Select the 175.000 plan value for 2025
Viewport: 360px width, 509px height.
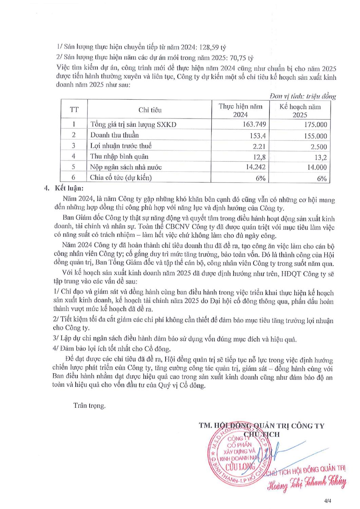315,125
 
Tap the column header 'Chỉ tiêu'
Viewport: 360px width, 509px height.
150,110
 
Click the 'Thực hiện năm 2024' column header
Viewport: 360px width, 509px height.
240,110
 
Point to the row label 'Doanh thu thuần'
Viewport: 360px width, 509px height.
114,135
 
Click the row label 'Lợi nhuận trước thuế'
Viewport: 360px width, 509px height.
121,146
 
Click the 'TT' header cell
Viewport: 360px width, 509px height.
74,110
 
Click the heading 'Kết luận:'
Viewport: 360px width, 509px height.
69,188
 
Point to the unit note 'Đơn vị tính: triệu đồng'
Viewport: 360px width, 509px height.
302,96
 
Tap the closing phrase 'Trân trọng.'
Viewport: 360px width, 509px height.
89,406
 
